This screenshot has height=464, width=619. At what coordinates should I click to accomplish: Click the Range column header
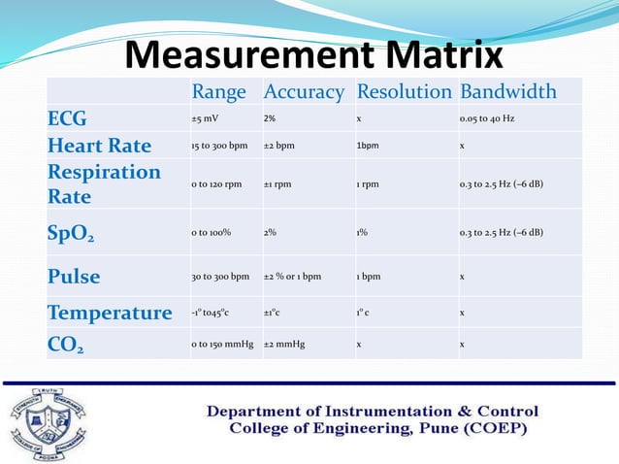pos(219,92)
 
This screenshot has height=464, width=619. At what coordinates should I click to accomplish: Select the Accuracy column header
pos(304,92)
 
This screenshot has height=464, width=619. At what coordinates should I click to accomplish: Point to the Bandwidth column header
pos(507,92)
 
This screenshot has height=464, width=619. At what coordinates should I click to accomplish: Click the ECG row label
pos(68,119)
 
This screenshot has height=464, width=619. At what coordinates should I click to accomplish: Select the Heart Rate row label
pos(99,146)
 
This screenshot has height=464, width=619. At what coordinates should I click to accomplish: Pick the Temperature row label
pos(110,313)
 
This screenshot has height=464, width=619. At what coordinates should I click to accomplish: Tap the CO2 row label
pos(66,344)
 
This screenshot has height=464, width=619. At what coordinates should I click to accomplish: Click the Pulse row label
pos(74,277)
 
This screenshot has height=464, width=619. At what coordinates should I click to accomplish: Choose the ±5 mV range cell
pos(204,119)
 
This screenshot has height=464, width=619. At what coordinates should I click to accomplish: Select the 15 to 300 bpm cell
pos(219,147)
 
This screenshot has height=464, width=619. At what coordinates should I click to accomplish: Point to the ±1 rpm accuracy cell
pos(278,184)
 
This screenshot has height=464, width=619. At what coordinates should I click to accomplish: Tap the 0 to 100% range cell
pos(211,233)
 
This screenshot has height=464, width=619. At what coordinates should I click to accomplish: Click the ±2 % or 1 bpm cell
pos(292,277)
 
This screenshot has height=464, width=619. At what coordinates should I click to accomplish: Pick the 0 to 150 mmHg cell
pos(222,344)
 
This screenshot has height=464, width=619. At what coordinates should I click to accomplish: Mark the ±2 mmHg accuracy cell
pos(284,344)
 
